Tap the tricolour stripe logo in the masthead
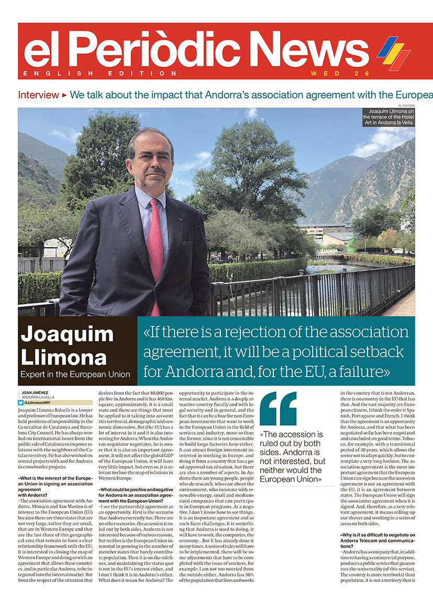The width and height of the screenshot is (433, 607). point(394,52)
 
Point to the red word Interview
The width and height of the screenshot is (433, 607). point(38,95)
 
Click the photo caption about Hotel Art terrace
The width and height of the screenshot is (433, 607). point(388,117)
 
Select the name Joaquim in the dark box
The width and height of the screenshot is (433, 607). point(67,334)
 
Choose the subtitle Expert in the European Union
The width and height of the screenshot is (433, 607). point(75,374)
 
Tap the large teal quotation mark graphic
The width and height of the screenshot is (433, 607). point(277,409)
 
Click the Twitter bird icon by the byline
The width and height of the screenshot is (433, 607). point(20,403)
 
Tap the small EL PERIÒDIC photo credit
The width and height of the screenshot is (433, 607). point(406,105)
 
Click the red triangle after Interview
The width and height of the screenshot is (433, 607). point(64,95)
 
